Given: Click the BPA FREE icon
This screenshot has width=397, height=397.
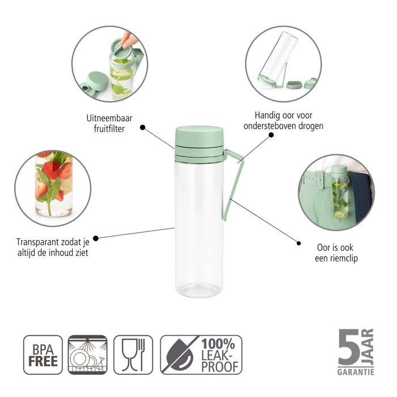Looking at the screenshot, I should pyautogui.click(x=43, y=354).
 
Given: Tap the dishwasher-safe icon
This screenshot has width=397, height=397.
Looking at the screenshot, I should pyautogui.click(x=87, y=354).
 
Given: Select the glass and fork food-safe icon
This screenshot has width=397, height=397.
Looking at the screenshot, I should pyautogui.click(x=133, y=354).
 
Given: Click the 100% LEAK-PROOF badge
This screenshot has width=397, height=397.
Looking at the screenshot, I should pyautogui.click(x=201, y=354).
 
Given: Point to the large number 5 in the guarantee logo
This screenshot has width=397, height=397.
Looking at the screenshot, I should pyautogui.click(x=348, y=347).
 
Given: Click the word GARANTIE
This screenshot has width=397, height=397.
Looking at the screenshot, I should pyautogui.click(x=356, y=372).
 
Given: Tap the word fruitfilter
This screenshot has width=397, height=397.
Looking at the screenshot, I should pyautogui.click(x=109, y=129).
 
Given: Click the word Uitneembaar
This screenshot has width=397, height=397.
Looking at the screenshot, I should pyautogui.click(x=109, y=117).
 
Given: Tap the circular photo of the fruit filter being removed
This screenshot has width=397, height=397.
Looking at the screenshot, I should pyautogui.click(x=109, y=64).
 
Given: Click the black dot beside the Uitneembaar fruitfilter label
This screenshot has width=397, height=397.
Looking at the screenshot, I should pyautogui.click(x=142, y=128).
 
